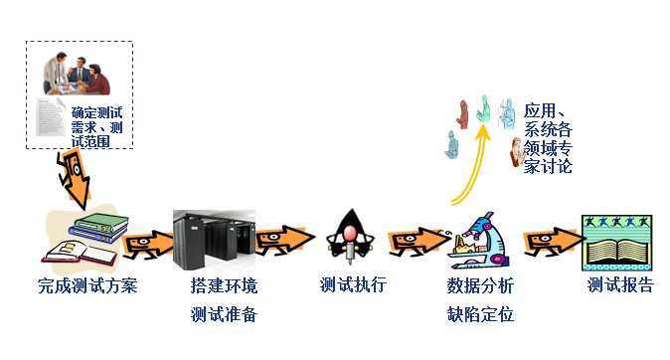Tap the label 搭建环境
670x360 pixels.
tap(224, 287)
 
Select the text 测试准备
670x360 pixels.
tap(224, 315)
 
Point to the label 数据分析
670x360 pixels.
tap(481, 287)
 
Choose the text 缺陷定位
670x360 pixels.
tap(481, 315)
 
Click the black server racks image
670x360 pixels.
tap(214, 240)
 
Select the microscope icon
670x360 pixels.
tap(475, 239)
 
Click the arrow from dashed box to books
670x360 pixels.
tap(76, 182)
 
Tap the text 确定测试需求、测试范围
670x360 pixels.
tap(102, 127)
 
